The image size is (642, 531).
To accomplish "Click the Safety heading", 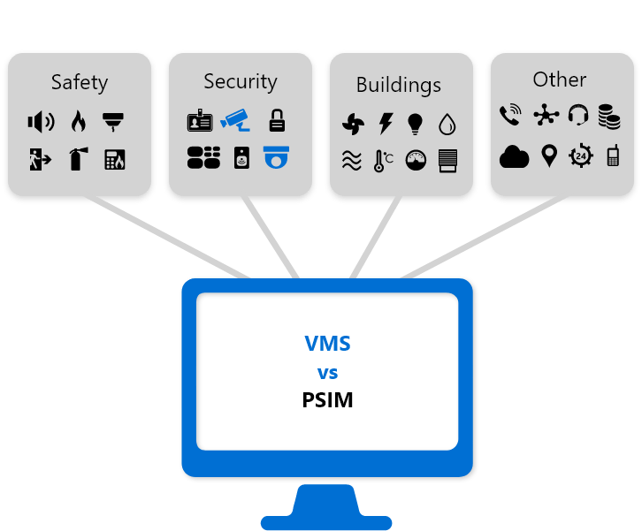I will coord(80,83).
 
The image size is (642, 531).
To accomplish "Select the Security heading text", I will coord(241,82).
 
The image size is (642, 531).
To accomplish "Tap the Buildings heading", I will coord(399,85).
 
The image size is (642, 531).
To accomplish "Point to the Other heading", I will coord(559,80).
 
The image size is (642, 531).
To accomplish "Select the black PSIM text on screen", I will coord(327,400).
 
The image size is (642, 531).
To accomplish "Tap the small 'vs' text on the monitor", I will coord(327,372).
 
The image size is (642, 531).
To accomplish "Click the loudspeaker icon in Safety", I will coord(41,122).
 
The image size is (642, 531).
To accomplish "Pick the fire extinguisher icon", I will coord(78,159).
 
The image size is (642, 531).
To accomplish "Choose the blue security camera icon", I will coord(236,119).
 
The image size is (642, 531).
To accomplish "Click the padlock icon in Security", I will coord(277,120).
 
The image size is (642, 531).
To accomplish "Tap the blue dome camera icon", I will coord(277,157).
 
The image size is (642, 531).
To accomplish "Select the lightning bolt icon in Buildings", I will coord(385,124).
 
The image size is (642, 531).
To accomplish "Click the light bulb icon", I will coord(415,124).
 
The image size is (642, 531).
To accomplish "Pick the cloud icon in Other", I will coord(514,157).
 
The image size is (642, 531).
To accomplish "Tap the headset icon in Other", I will coord(578,115).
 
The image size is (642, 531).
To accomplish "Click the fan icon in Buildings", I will coord(353,124).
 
